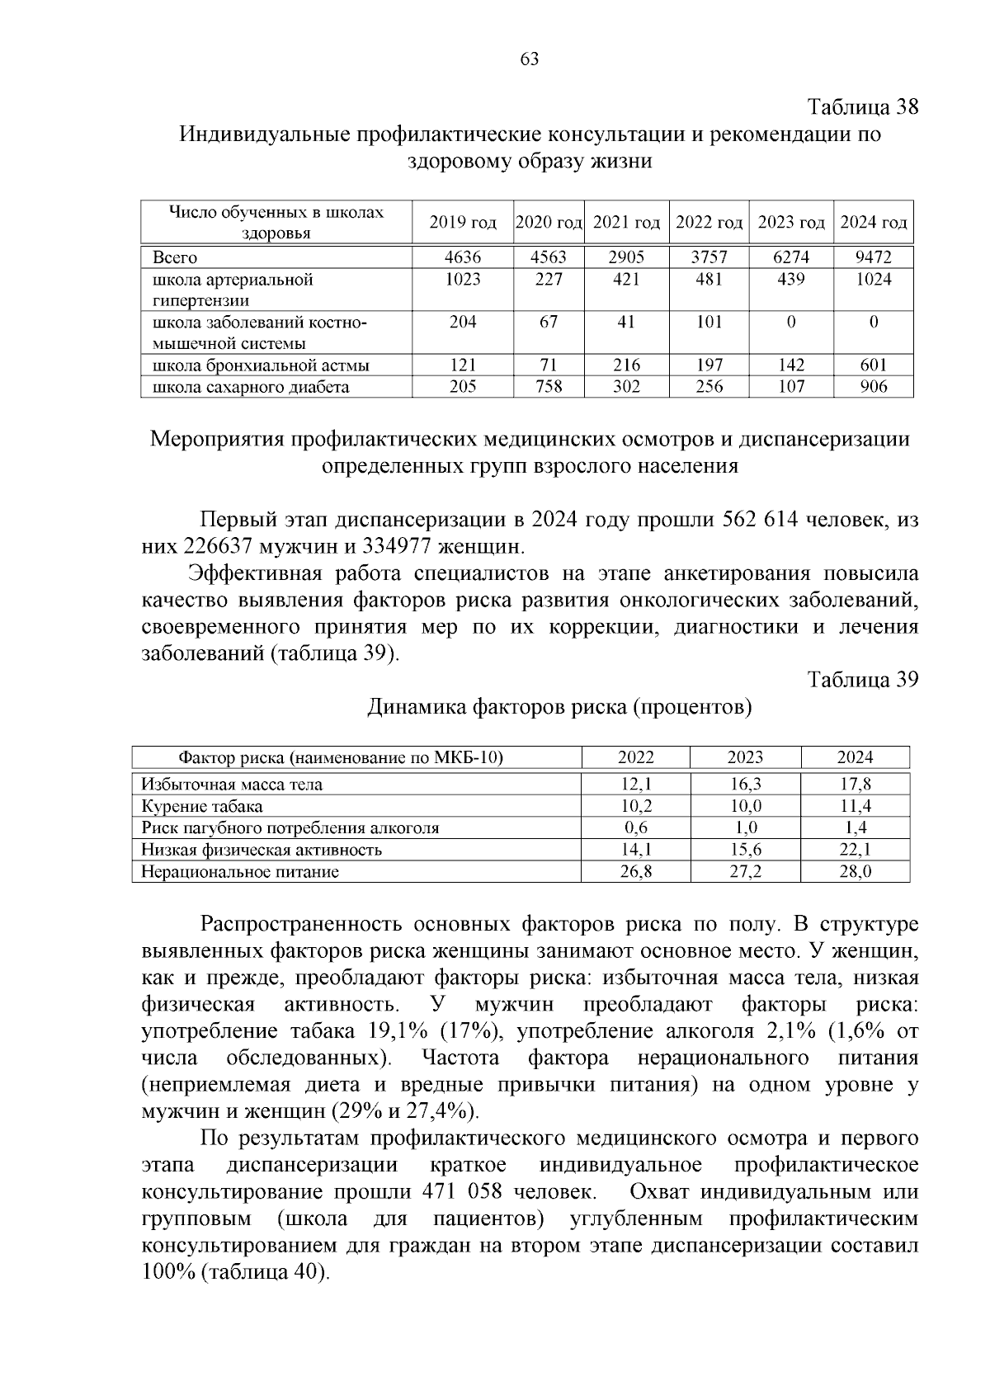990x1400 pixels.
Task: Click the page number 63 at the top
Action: pos(529,59)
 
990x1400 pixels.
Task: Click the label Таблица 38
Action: pos(862,107)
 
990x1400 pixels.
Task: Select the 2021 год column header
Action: pos(626,223)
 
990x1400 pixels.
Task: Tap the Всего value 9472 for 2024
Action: pos(873,257)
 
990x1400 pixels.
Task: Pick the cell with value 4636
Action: pos(462,257)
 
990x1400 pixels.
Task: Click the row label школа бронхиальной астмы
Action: pos(261,365)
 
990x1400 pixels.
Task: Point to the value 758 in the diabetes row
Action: pos(549,387)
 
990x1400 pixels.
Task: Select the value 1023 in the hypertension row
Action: pos(462,280)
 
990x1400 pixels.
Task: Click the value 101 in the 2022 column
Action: pos(709,322)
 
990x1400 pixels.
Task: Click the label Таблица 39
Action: pos(862,680)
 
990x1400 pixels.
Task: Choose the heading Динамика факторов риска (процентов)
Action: pos(559,707)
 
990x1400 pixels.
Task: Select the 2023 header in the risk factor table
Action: pos(745,757)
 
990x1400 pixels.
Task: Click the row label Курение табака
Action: pos(202,807)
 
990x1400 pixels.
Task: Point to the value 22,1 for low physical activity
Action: pos(855,850)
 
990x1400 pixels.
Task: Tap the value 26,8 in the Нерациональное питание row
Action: pos(636,871)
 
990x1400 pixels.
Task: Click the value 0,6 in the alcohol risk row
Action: pos(636,828)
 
